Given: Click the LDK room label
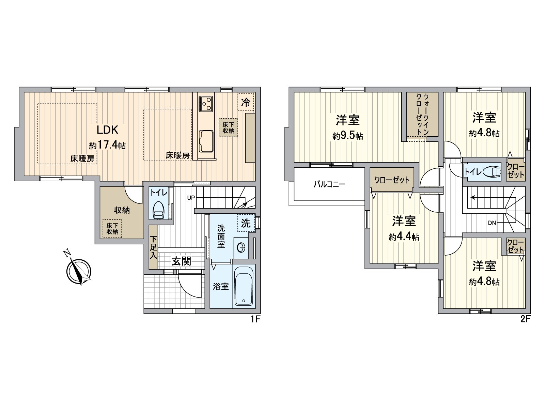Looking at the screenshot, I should (108, 130).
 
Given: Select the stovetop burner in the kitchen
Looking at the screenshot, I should (206, 103).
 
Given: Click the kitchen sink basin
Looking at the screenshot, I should (206, 141).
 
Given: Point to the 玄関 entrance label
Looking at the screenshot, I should (181, 261).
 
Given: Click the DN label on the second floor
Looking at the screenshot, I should (492, 223).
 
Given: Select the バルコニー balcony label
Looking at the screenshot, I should (329, 185).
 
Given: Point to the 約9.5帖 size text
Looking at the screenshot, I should (348, 136).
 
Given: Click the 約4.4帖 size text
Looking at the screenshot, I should (404, 237).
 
